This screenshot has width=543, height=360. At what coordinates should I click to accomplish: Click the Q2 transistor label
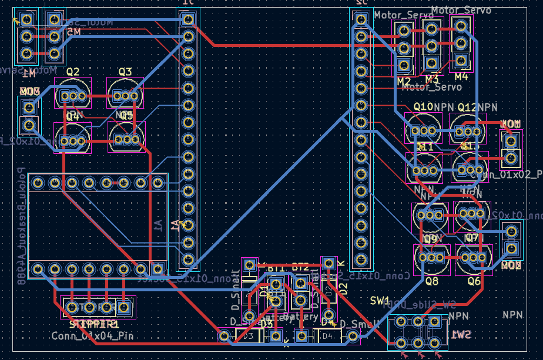click(73, 72)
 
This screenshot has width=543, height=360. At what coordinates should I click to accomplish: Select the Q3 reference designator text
click(125, 72)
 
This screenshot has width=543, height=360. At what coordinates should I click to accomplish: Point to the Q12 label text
click(467, 107)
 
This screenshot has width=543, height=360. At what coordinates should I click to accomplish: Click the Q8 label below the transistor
click(432, 281)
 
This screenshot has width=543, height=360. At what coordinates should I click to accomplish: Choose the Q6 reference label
click(474, 281)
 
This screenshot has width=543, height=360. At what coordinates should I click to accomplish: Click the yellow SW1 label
click(380, 300)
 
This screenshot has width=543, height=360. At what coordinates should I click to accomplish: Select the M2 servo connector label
click(404, 80)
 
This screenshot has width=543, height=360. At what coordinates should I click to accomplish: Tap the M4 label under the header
click(461, 76)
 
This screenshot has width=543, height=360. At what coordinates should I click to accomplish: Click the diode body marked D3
click(249, 336)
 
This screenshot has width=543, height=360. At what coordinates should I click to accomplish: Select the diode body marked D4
click(327, 336)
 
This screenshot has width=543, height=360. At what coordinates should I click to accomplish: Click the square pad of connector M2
click(403, 65)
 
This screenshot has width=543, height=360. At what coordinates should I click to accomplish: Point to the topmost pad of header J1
click(188, 20)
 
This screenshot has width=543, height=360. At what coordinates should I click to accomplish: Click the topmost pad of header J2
click(360, 20)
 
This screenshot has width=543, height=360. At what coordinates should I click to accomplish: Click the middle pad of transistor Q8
click(431, 257)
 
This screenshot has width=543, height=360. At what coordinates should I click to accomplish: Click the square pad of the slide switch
click(434, 321)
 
